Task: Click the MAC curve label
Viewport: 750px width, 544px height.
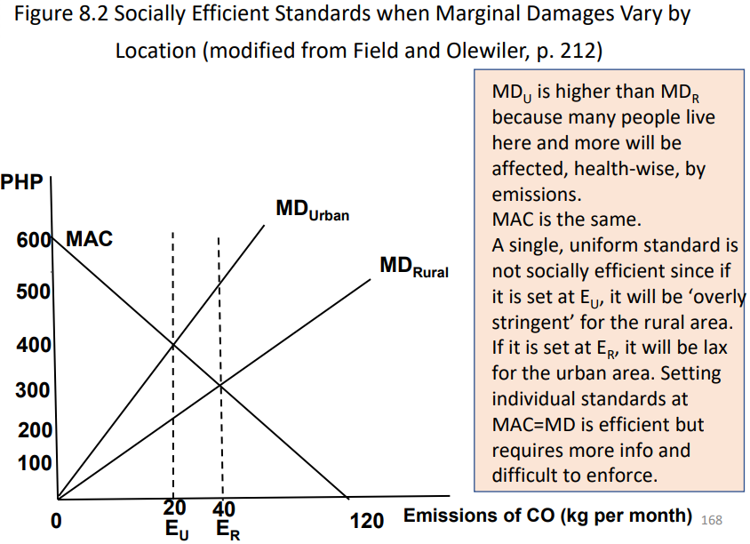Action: coord(90,240)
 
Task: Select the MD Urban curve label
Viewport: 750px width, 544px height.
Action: coord(312,211)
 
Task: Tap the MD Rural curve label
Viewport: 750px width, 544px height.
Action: coord(413,266)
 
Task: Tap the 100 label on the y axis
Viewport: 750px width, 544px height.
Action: coord(34,463)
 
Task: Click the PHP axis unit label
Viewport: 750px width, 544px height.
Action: coord(21,184)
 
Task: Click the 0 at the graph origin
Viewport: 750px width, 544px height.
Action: coord(56,521)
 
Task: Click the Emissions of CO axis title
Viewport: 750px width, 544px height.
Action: coord(547,516)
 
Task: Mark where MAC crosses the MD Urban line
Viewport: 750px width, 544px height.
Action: coord(172,345)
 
